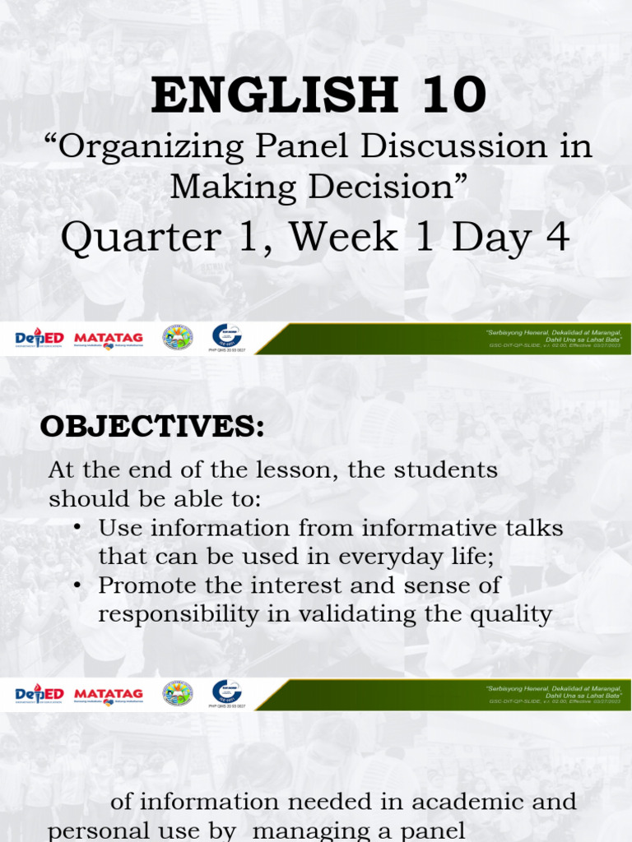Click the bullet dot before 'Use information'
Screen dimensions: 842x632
click(77, 527)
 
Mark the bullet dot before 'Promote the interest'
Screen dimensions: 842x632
click(77, 585)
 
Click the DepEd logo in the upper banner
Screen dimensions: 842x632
click(39, 338)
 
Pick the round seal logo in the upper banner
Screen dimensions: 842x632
click(177, 337)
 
